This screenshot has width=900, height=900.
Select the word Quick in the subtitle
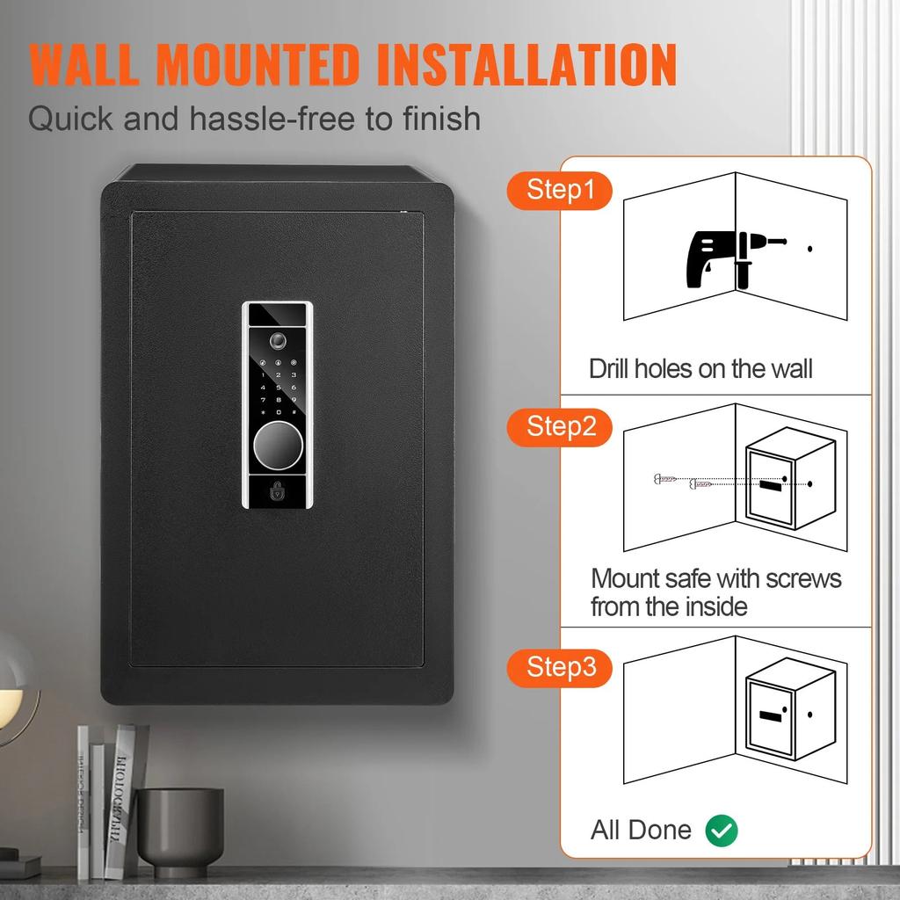click(x=70, y=118)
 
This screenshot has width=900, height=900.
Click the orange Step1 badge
click(x=560, y=190)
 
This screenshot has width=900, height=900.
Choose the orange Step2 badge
click(x=561, y=427)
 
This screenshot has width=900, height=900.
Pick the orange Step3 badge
click(x=561, y=667)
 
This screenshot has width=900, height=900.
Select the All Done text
click(x=641, y=830)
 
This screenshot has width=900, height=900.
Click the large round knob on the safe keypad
click(x=278, y=446)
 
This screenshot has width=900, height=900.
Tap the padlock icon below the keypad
click(x=278, y=492)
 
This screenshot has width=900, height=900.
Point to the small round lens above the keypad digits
click(x=278, y=340)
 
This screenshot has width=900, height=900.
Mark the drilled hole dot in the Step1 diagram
click(x=810, y=250)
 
